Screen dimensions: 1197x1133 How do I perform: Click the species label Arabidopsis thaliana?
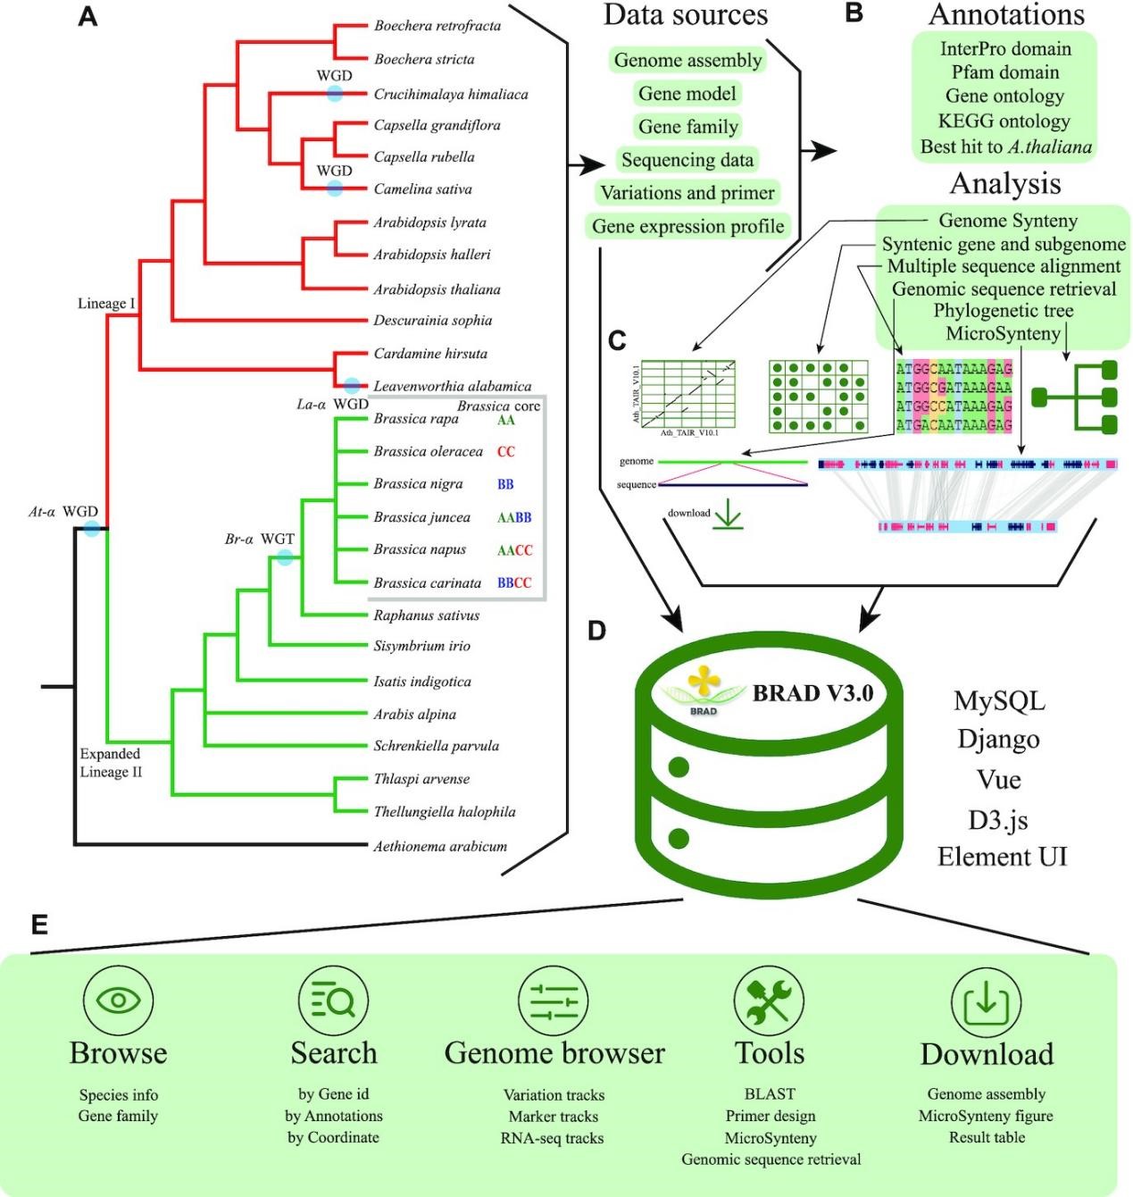click(437, 289)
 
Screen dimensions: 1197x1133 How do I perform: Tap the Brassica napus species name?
click(420, 549)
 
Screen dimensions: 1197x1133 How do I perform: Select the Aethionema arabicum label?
click(439, 846)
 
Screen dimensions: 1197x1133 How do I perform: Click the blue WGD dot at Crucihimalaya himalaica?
click(334, 93)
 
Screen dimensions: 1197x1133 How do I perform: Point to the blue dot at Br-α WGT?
click(285, 557)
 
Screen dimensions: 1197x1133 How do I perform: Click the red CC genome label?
click(506, 452)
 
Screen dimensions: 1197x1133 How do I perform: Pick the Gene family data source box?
click(687, 127)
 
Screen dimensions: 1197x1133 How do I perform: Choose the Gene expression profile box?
click(687, 227)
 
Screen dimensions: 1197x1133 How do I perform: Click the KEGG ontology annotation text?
click(1004, 121)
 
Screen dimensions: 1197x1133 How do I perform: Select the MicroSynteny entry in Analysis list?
click(1003, 334)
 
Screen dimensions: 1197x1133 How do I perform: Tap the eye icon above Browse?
click(118, 1000)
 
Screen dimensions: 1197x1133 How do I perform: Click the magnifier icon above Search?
click(334, 1001)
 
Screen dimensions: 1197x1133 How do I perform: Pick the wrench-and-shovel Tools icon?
click(769, 1001)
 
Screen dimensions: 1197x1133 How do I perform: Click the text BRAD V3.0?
click(812, 693)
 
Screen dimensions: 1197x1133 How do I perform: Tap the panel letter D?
click(597, 631)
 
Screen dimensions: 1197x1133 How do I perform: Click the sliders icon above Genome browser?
click(554, 1001)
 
